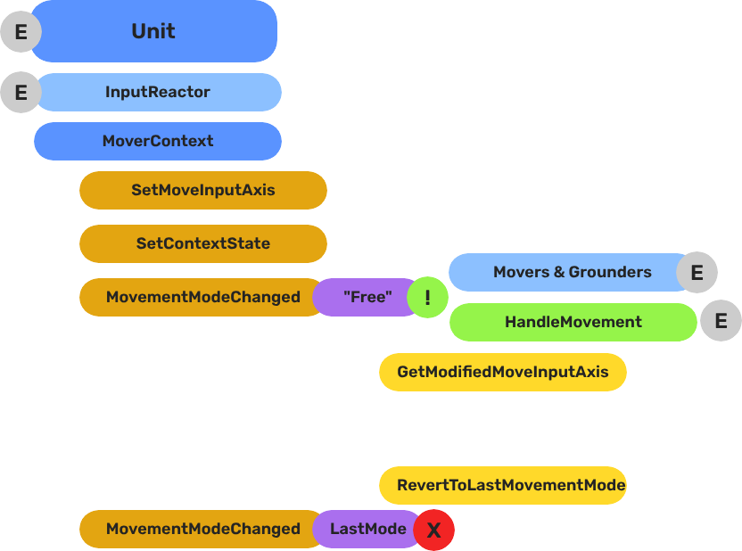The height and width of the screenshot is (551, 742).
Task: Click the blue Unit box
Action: coord(153,31)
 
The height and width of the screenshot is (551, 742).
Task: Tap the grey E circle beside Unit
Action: coord(21,33)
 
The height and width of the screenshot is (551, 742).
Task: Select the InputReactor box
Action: coord(158,92)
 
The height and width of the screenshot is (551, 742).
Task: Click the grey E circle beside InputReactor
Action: coord(21,93)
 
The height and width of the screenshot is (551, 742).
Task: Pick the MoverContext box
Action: coord(158,141)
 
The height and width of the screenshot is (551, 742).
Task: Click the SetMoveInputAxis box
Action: coord(203,190)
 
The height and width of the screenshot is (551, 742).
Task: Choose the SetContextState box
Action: coord(203,243)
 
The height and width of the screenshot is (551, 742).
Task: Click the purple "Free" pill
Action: coord(366,297)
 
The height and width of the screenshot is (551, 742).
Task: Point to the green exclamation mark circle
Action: coord(427,298)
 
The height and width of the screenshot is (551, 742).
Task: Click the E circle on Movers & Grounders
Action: coord(697,273)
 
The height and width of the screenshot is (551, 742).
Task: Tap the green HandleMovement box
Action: coord(573,322)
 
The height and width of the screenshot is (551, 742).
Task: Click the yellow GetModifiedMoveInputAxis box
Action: coord(503,372)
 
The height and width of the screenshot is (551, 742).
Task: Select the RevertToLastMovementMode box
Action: coord(503,486)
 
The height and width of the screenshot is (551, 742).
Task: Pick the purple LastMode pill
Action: coord(367,529)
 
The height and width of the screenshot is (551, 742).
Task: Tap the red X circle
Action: coord(434,530)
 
